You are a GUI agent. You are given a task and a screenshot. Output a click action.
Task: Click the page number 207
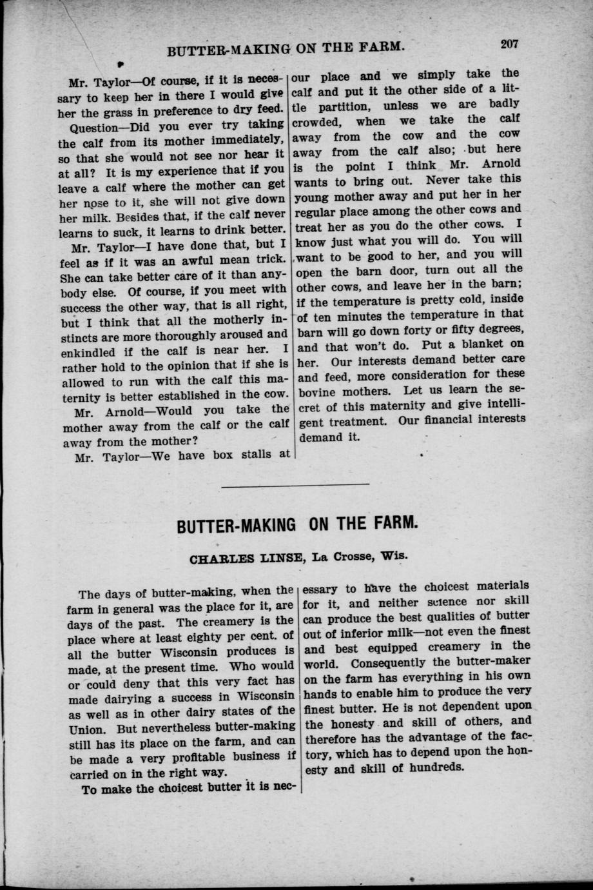(509, 44)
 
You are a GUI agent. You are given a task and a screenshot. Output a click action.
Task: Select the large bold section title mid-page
(298, 524)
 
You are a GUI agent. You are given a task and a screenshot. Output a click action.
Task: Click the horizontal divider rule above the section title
(295, 484)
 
